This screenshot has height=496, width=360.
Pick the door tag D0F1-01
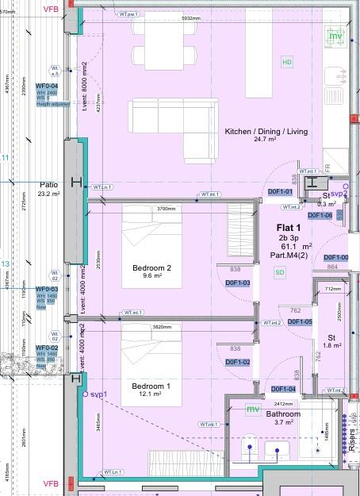pyautogui.click(x=281, y=192)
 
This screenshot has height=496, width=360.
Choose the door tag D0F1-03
pyautogui.click(x=238, y=283)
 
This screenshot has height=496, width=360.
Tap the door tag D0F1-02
pyautogui.click(x=238, y=363)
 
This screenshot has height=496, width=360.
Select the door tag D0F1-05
pyautogui.click(x=300, y=322)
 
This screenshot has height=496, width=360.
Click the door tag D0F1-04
pyautogui.click(x=283, y=390)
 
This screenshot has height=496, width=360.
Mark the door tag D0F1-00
pyautogui.click(x=336, y=258)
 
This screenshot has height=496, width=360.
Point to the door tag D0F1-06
pyautogui.click(x=320, y=215)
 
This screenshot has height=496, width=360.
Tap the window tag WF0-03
pyautogui.click(x=47, y=290)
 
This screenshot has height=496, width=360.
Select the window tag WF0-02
pyautogui.click(x=47, y=348)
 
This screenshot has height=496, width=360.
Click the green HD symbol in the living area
pyautogui.click(x=287, y=62)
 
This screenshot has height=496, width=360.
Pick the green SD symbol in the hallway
pyautogui.click(x=279, y=272)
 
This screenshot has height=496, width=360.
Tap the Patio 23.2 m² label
pyautogui.click(x=49, y=189)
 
